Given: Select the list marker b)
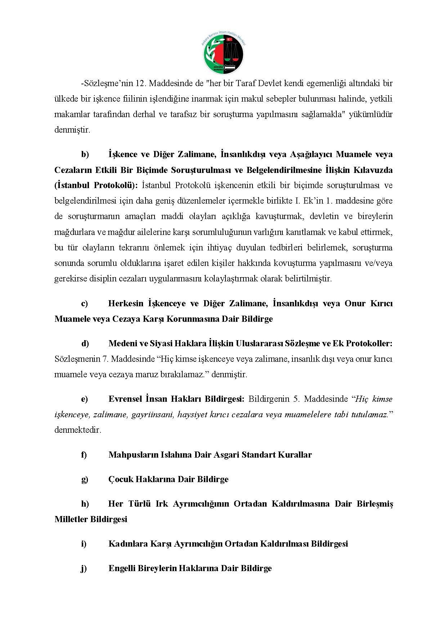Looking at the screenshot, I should pyautogui.click(x=85, y=155).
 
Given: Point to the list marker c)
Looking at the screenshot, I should pyautogui.click(x=84, y=303).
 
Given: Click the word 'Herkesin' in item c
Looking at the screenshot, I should pyautogui.click(x=126, y=303).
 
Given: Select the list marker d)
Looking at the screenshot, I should pyautogui.click(x=85, y=343).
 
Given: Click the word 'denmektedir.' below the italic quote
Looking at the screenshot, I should pyautogui.click(x=78, y=430).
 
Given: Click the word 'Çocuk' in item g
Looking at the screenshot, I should pyautogui.click(x=120, y=479).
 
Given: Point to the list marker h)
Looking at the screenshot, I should pyautogui.click(x=85, y=504).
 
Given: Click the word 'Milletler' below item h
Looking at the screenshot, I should pyautogui.click(x=71, y=519).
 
